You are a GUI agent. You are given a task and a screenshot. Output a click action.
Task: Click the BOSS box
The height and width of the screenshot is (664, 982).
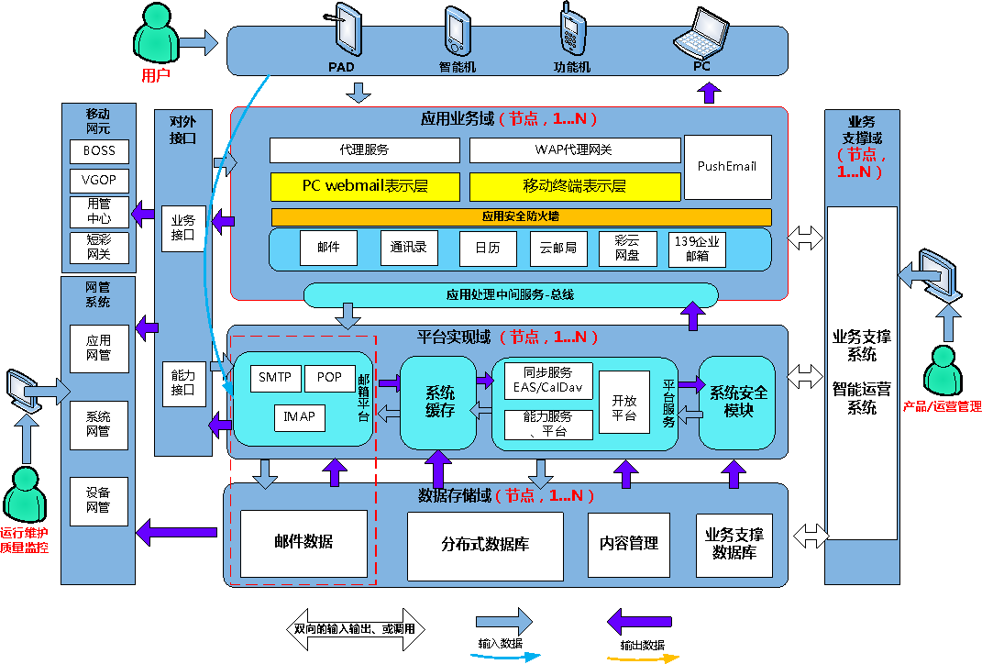(100, 151)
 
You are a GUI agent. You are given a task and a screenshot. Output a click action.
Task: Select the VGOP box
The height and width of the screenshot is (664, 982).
(100, 181)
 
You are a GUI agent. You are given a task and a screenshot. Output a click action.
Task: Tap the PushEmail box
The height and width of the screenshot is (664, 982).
(728, 167)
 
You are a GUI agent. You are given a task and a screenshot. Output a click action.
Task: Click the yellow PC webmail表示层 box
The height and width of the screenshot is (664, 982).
(365, 187)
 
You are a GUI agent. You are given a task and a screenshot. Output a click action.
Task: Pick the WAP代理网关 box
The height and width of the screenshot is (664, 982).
(575, 150)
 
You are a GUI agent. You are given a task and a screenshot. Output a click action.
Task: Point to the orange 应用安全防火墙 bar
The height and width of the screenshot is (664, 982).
(521, 216)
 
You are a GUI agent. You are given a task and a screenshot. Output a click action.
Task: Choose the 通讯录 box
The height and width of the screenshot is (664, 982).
(409, 248)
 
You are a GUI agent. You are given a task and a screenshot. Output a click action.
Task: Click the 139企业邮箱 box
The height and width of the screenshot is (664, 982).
(697, 249)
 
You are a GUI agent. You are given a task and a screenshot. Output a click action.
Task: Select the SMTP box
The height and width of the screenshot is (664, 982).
(276, 378)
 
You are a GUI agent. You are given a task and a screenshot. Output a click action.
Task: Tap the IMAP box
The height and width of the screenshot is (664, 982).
(300, 417)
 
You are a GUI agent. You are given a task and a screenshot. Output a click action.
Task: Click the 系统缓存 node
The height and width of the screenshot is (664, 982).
(438, 403)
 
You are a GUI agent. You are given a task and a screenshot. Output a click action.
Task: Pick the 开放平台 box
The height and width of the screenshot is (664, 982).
(623, 402)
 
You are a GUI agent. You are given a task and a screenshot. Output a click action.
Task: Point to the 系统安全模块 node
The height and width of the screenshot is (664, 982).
(737, 403)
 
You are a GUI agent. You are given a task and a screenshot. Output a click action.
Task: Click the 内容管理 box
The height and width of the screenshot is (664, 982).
(629, 545)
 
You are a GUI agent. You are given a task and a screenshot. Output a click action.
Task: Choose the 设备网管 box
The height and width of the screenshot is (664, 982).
(99, 501)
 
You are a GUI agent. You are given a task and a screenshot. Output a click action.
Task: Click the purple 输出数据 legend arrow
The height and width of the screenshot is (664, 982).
(639, 623)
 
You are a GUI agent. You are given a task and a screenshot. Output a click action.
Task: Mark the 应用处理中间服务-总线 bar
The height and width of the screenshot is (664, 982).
(511, 295)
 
